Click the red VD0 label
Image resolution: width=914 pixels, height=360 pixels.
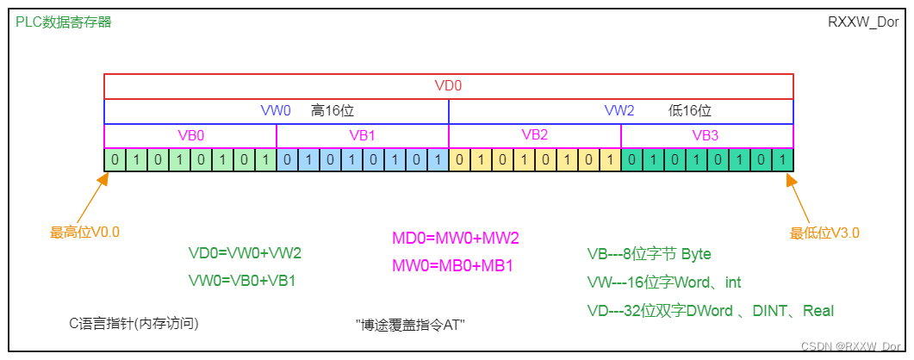[448, 86]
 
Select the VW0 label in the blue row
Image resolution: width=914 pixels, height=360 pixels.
[276, 111]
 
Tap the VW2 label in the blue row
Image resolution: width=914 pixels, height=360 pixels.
[619, 111]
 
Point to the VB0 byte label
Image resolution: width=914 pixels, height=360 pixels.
[190, 135]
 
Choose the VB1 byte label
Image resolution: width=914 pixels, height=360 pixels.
[362, 135]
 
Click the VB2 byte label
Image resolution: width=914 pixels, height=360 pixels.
[534, 135]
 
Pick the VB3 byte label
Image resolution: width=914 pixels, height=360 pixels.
[706, 135]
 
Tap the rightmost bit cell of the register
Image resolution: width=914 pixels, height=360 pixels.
[782, 159]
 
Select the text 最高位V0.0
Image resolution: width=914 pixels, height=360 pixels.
[84, 232]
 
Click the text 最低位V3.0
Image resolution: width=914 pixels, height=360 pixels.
[824, 233]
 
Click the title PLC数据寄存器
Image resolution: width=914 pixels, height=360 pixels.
[64, 22]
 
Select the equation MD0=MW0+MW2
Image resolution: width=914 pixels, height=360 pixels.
[456, 238]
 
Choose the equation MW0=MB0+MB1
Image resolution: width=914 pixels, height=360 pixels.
[453, 265]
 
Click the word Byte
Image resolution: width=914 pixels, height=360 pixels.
[696, 254]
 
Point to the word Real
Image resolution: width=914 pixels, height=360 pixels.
[818, 311]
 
